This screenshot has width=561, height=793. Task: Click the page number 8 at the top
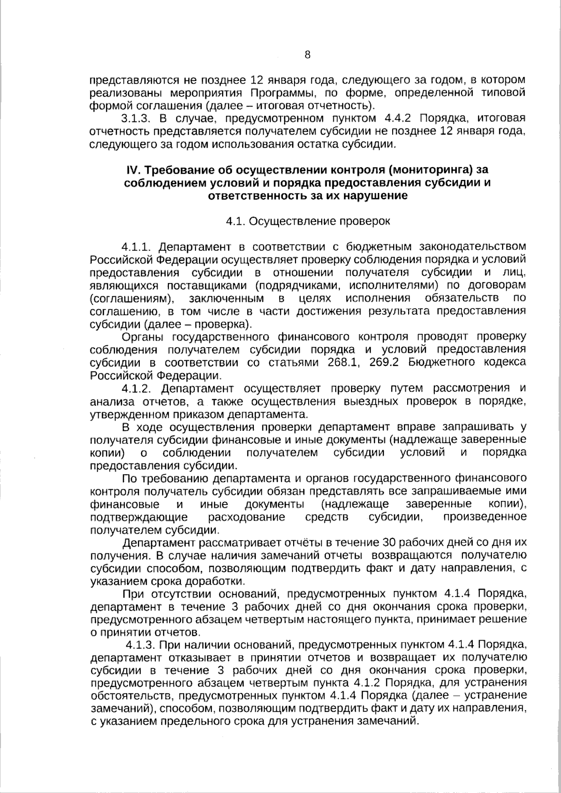coord(307,55)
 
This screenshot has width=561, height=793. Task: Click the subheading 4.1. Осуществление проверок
coord(308,221)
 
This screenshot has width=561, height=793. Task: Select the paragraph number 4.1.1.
coord(137,246)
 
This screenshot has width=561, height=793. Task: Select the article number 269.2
coord(383,363)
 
